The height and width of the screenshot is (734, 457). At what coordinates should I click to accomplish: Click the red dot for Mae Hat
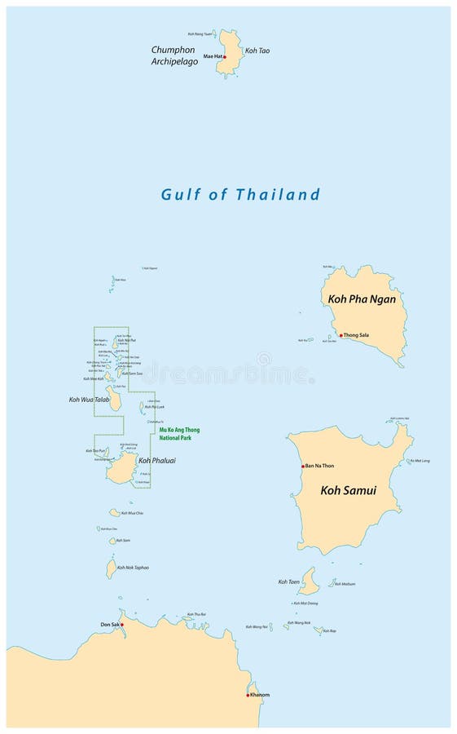(x=225, y=57)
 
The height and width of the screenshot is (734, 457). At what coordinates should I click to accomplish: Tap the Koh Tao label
(x=257, y=51)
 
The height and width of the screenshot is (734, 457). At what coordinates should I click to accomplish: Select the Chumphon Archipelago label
(x=174, y=55)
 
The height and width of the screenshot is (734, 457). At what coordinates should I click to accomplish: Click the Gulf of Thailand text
(x=240, y=194)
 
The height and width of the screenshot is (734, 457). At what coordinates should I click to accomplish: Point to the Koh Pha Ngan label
(x=362, y=299)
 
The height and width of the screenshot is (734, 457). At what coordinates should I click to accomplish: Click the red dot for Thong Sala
(x=341, y=334)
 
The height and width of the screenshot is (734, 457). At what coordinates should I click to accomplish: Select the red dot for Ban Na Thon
(x=303, y=466)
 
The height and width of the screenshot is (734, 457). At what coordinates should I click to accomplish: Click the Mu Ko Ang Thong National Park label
(x=179, y=433)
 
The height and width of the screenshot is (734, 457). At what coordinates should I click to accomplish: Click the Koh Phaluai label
(x=157, y=460)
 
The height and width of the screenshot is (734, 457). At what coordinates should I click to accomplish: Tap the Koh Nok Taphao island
(x=112, y=568)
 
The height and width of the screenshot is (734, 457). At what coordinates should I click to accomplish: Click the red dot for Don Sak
(x=121, y=625)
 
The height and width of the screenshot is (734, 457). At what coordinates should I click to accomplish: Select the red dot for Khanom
(x=248, y=695)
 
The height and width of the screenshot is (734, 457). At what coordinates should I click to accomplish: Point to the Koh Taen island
(x=308, y=581)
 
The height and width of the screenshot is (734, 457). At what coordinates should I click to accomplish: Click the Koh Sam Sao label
(x=130, y=374)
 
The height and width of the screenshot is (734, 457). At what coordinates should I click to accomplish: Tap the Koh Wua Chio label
(x=132, y=513)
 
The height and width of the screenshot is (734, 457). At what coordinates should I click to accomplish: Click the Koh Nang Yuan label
(x=200, y=34)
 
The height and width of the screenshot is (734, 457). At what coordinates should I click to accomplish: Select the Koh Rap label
(x=329, y=630)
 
